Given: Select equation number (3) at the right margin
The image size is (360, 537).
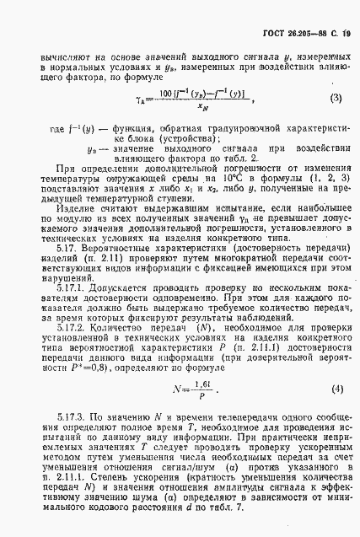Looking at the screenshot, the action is tap(336, 98).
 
